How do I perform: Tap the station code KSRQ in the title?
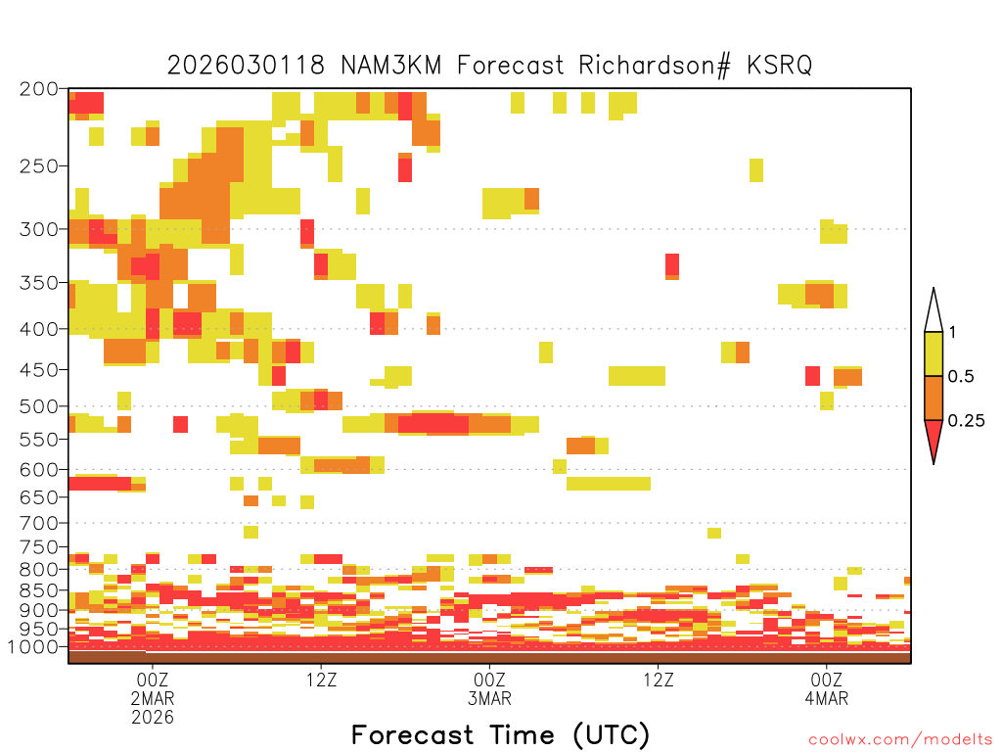point(779,66)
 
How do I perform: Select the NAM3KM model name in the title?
point(391,66)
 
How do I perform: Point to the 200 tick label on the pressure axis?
point(39,89)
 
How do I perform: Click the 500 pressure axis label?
point(39,406)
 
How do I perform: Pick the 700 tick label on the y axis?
point(39,523)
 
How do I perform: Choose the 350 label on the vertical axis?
point(39,283)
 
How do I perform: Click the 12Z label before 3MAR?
point(321,680)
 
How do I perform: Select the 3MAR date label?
point(489,698)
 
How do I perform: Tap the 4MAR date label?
point(827,698)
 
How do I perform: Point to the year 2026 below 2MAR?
point(153,717)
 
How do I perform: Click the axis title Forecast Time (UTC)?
point(500,734)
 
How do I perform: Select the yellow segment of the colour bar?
point(934,353)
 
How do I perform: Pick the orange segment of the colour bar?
point(934,398)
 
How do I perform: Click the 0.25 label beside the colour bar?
point(966,421)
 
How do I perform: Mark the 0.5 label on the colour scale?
point(961,377)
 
